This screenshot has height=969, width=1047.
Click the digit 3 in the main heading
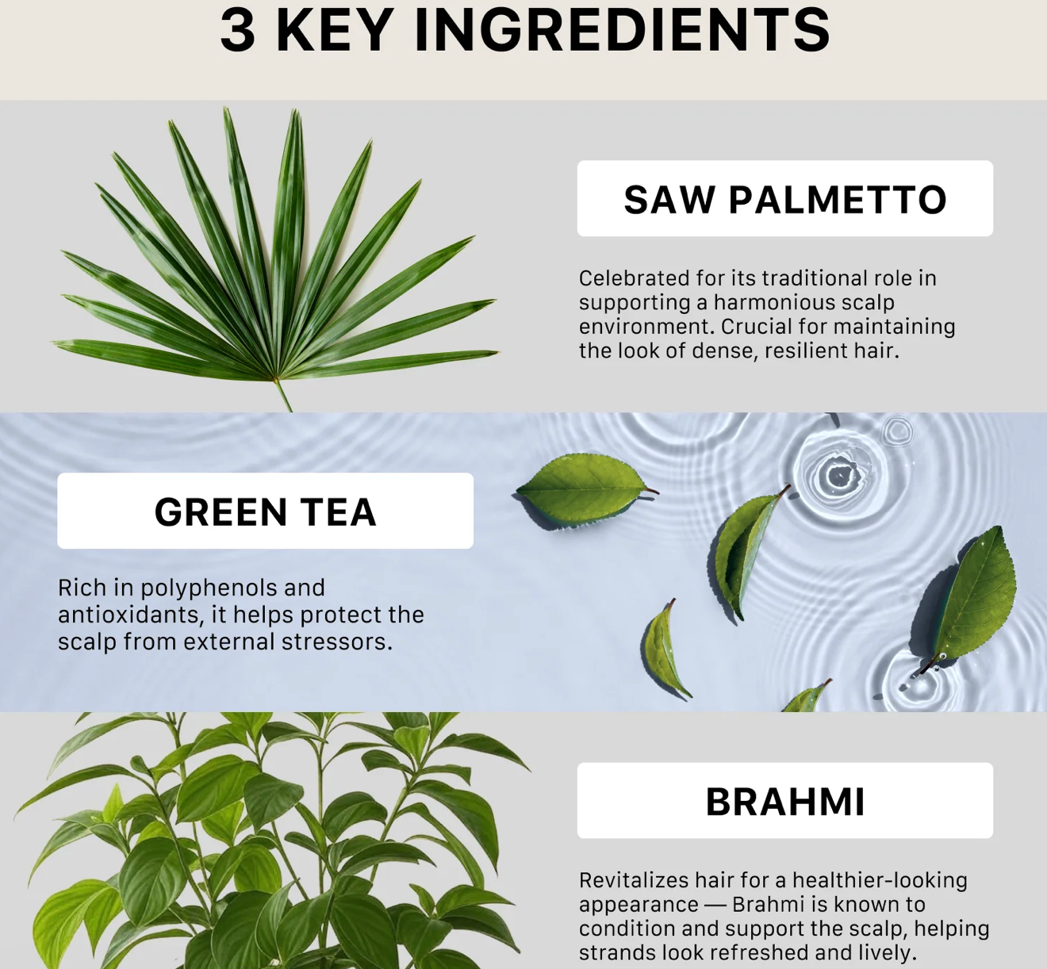(x=238, y=31)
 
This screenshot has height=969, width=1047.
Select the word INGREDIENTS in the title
(x=622, y=31)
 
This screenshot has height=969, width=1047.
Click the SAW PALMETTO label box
(x=785, y=198)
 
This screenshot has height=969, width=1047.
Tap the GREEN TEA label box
(x=265, y=511)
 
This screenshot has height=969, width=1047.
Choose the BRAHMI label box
(x=785, y=800)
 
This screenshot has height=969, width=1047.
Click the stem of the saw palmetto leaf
(x=282, y=395)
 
